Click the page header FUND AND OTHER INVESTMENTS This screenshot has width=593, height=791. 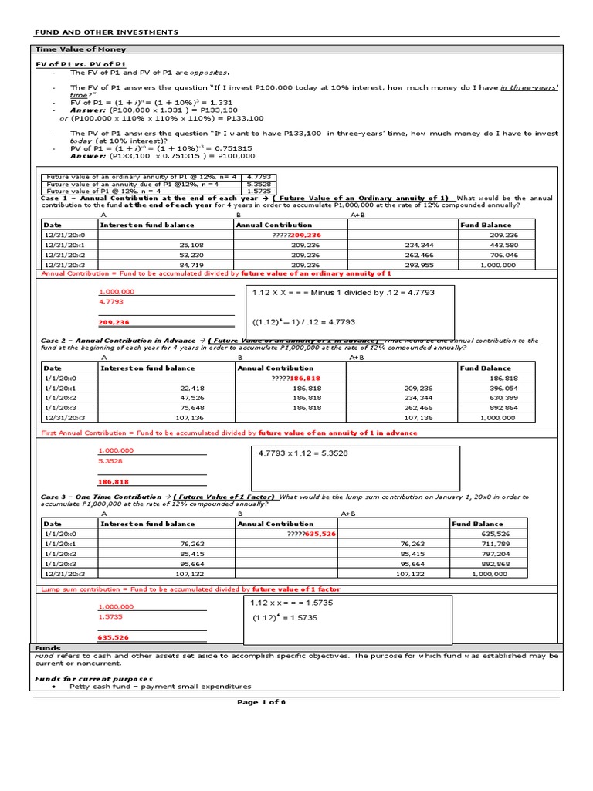click(107, 32)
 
